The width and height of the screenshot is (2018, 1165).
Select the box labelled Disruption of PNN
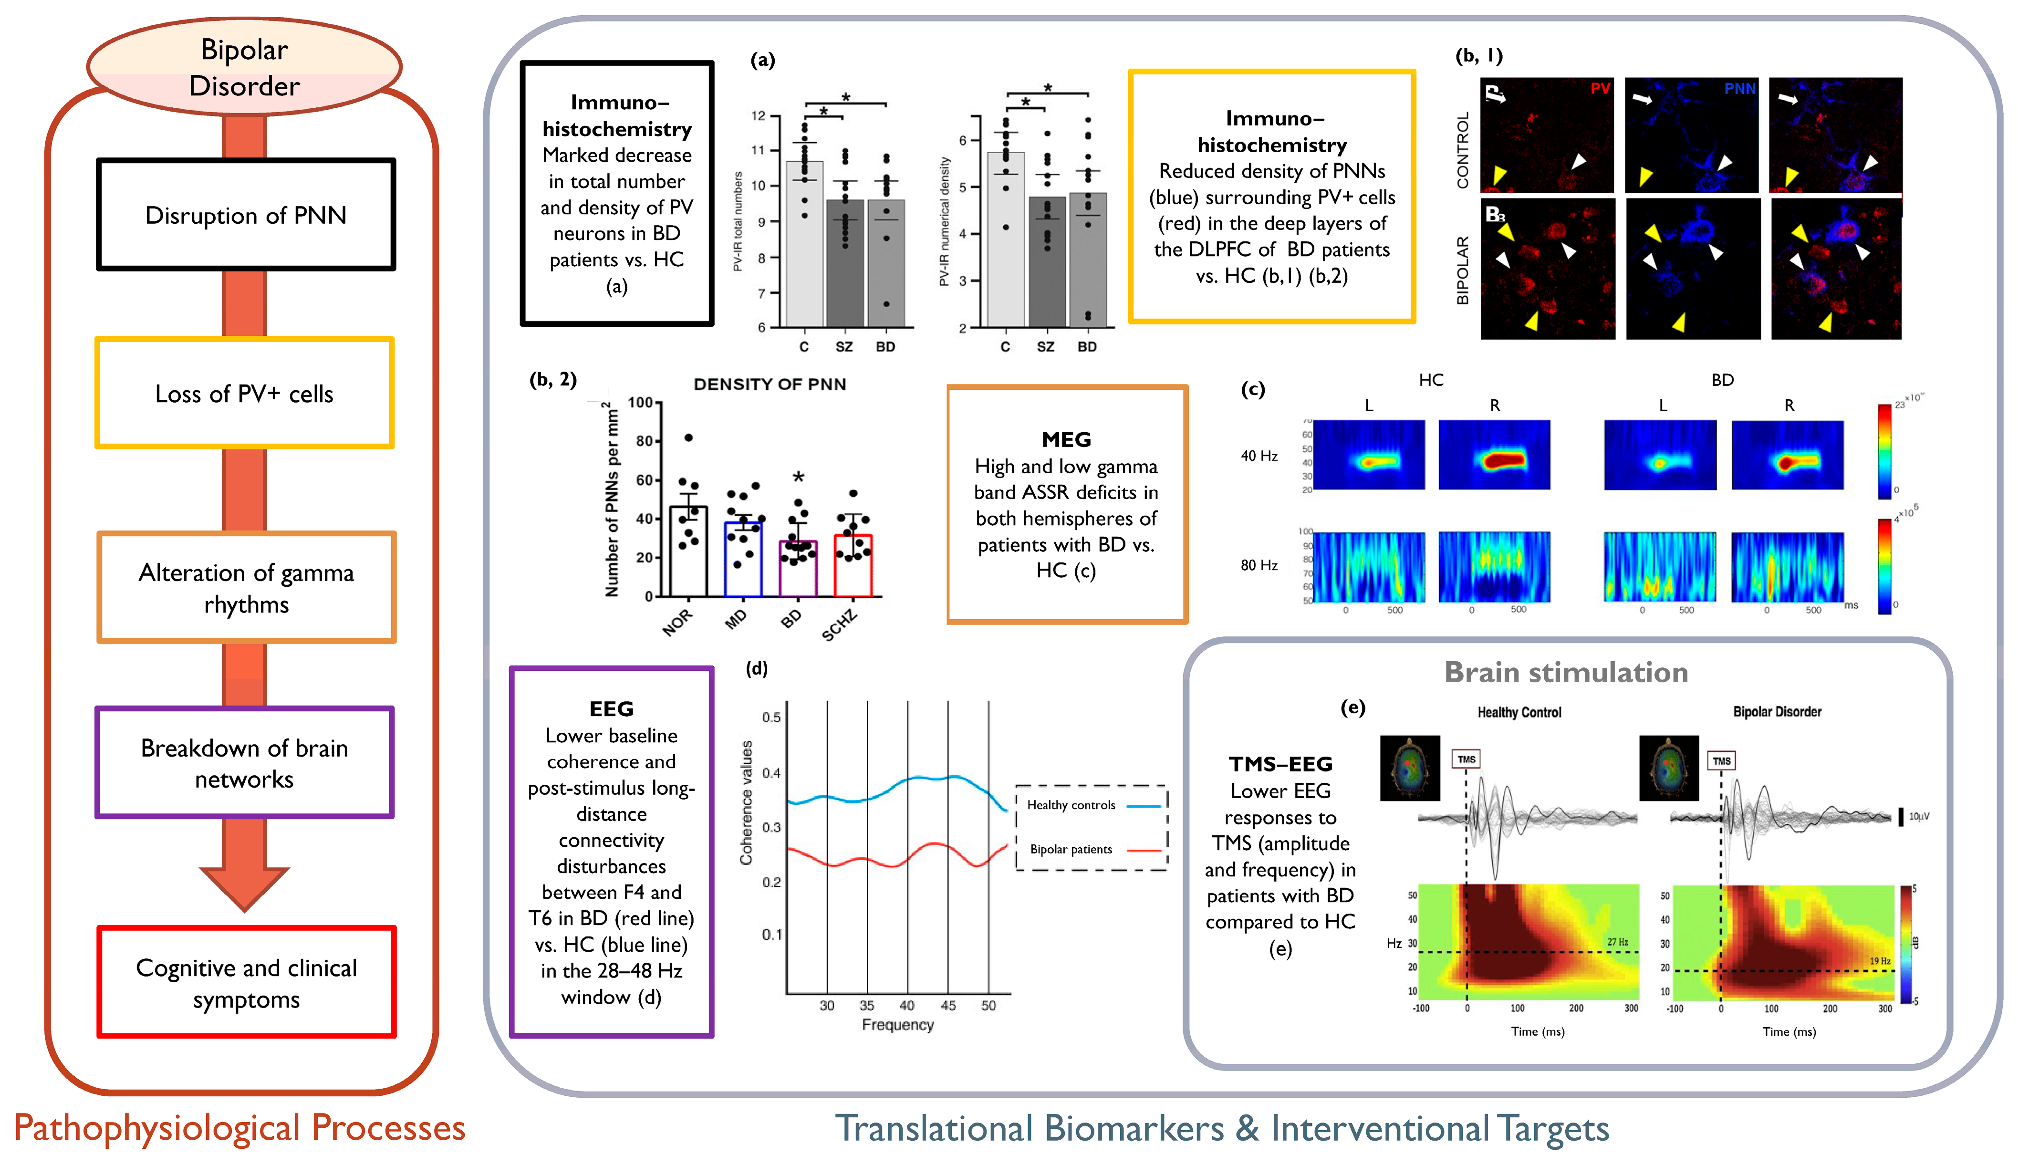click(246, 214)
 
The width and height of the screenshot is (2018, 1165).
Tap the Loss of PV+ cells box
click(244, 393)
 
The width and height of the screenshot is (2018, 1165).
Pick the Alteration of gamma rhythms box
click(246, 587)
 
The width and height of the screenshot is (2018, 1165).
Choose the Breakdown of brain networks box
click(244, 762)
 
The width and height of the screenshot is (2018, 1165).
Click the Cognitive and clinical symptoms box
click(246, 983)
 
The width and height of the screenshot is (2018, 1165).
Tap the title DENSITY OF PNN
click(769, 384)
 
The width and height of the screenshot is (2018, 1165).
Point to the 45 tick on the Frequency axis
click(948, 1005)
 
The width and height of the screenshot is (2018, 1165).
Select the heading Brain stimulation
click(1566, 672)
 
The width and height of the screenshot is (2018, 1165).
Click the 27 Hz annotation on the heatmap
click(1617, 942)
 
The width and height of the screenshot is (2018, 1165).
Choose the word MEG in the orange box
click(1066, 439)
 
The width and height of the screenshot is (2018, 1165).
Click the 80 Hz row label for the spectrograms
click(1259, 565)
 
